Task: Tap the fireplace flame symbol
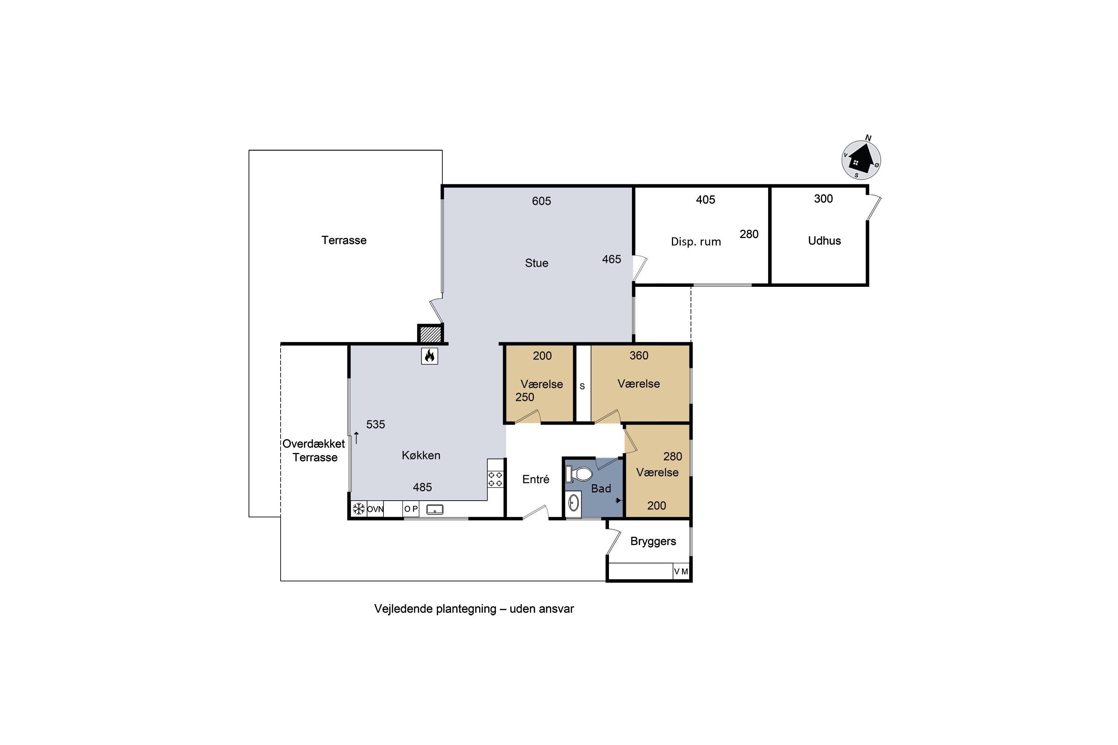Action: point(429,356)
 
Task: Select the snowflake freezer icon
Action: point(359,509)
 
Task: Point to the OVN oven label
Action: point(375,509)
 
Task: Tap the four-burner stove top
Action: point(495,479)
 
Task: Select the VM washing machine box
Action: point(681,571)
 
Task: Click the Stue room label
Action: point(537,263)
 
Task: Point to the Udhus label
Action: point(824,241)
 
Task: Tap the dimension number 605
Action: point(541,201)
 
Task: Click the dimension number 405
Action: point(705,200)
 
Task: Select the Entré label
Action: point(536,479)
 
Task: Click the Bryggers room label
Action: point(653,542)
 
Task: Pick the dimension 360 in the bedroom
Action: point(639,355)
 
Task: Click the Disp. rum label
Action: point(696,241)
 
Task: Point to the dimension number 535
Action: point(376,424)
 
